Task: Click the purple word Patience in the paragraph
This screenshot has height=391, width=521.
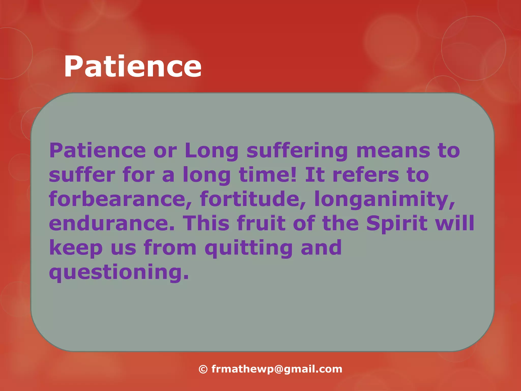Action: pyautogui.click(x=97, y=150)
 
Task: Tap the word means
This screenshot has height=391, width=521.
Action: pyautogui.click(x=393, y=150)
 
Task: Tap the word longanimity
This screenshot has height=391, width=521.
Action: pyautogui.click(x=384, y=200)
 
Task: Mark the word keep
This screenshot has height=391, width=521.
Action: pyautogui.click(x=76, y=248)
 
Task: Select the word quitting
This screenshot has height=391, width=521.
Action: pyautogui.click(x=249, y=248)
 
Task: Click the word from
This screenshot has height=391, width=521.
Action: pyautogui.click(x=170, y=247)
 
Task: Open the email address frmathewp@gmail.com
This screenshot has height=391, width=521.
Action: pyautogui.click(x=277, y=369)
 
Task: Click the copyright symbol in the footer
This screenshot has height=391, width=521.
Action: pyautogui.click(x=203, y=369)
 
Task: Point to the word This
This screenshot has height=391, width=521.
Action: pyautogui.click(x=206, y=223)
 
